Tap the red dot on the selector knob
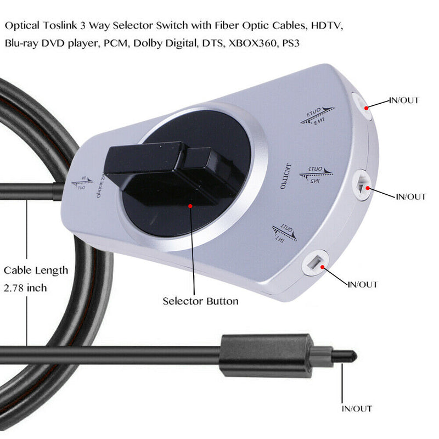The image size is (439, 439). [x=190, y=206]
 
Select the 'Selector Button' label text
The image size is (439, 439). [x=200, y=301]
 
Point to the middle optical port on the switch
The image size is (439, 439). [x=361, y=185]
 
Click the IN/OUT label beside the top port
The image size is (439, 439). [x=403, y=100]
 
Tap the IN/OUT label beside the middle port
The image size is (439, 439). [x=410, y=196]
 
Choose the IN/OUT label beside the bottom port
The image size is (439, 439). [x=363, y=285]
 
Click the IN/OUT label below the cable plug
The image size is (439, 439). [x=356, y=409]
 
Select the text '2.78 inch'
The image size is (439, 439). [x=25, y=288]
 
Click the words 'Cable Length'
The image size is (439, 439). [x=36, y=270]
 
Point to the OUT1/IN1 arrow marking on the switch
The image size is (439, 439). [x=284, y=233]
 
